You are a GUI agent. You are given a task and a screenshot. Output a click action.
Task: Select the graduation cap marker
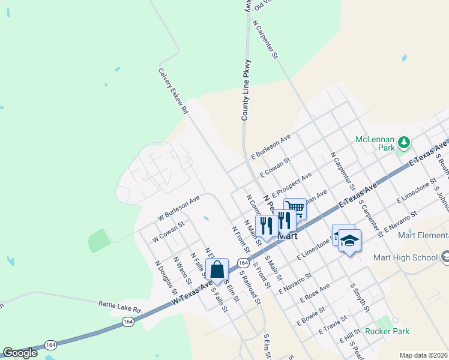pos(349,241)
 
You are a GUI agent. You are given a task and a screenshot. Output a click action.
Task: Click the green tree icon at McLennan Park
pos(405,142)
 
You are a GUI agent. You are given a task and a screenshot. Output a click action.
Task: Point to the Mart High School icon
pos(445,257)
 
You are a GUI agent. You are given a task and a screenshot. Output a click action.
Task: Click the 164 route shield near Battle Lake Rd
pos(128,322)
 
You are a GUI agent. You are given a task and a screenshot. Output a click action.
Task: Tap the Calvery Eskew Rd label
pos(173,91)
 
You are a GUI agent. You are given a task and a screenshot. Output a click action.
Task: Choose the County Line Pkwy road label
pos(246,90)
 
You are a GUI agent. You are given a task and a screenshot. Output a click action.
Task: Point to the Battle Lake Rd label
pos(119,306)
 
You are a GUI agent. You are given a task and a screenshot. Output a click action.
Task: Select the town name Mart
pos(288,236)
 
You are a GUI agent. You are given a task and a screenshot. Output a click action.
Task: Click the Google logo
pos(20,353)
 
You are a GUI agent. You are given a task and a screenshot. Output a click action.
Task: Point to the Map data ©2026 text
pos(424,355)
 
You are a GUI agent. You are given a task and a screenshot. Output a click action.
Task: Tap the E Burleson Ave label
pos(271,146)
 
